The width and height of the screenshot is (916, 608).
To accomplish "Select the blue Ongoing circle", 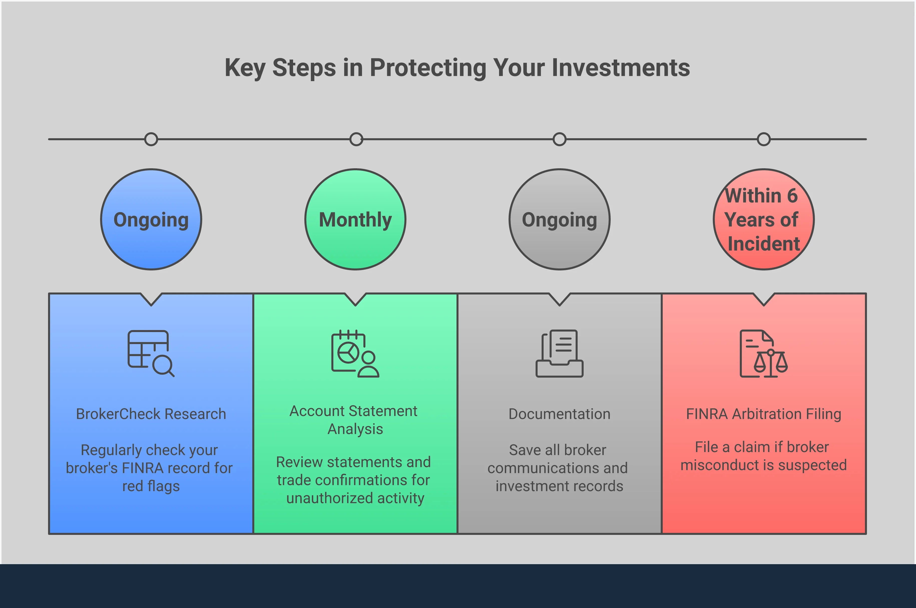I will coord(151,219).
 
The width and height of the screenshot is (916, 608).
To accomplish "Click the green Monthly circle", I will coord(355,219).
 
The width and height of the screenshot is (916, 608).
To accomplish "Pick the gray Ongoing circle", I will coord(560,219).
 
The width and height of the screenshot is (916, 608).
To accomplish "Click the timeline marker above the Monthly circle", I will coord(356,139).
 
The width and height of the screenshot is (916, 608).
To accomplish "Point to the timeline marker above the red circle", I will coord(764,139).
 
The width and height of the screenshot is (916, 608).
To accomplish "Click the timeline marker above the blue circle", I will coord(151,139).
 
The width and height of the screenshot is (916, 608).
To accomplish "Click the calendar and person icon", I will coord(355,354).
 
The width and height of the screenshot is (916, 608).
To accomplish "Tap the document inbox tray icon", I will coord(560,353).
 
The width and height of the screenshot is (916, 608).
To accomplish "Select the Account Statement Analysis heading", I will coord(354,420).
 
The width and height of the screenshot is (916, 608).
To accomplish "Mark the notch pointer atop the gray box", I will coord(560,299).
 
